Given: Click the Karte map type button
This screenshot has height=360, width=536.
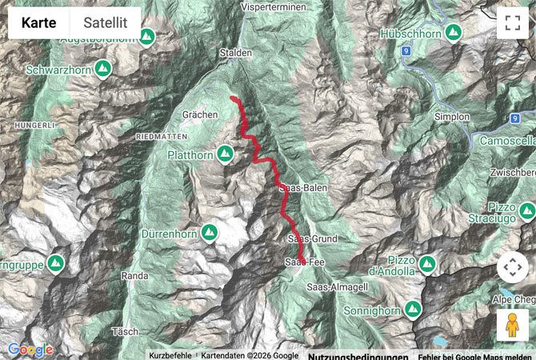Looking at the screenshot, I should coord(38,23).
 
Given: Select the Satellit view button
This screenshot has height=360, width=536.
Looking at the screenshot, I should coord(106,23).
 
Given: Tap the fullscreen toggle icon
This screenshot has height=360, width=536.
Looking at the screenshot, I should coord(512,23).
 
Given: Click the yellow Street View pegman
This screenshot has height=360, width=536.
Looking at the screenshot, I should coord(512,325).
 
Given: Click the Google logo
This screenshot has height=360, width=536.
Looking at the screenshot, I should coord(30,350).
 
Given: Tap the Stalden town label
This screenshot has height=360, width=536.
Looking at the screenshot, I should coord(237,53).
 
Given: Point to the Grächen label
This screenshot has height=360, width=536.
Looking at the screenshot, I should coord(200,115).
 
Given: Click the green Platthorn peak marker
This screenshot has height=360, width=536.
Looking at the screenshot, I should coord(226,152).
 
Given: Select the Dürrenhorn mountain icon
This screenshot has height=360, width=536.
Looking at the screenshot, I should coord(210,233).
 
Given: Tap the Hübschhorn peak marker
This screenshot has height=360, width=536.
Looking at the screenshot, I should coord(454,34).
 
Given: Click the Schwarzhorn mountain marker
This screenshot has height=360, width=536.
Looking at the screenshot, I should coord(102,70).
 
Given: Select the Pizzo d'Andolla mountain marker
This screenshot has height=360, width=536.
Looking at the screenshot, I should coord(426,263).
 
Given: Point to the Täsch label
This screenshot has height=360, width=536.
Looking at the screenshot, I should coord(127,330).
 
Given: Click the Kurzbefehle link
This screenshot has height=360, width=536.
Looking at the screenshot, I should coord(170,355).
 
